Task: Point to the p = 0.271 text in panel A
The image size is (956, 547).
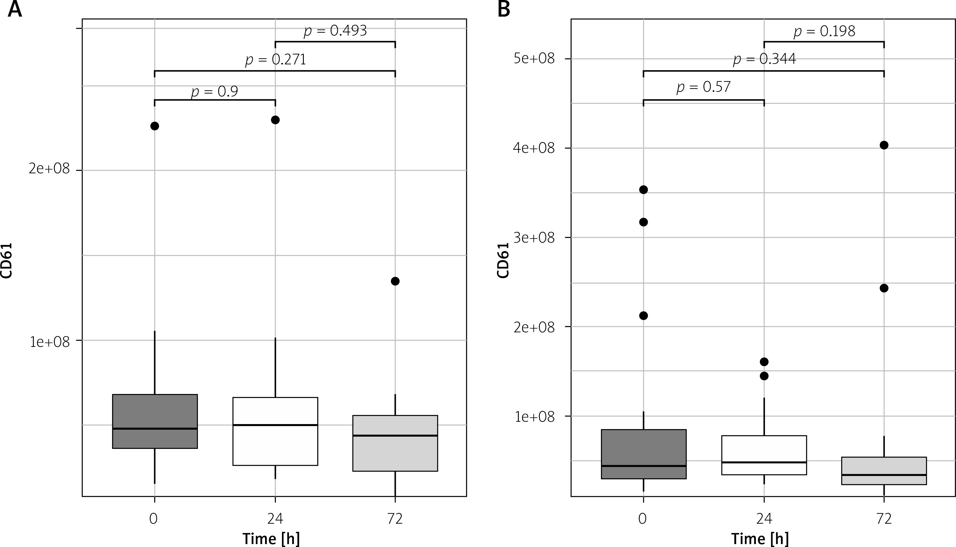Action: (x=276, y=60)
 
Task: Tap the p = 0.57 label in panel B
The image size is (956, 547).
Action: (x=703, y=87)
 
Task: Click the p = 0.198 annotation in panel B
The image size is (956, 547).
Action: (x=825, y=31)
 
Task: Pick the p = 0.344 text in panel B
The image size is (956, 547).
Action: (x=764, y=59)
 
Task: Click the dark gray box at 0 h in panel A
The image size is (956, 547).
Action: (x=155, y=421)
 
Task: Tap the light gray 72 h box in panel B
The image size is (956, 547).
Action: (x=884, y=471)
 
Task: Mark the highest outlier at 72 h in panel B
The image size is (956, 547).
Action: (x=884, y=145)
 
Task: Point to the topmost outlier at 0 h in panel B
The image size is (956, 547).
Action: (x=643, y=190)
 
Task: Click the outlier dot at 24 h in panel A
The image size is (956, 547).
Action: (x=275, y=120)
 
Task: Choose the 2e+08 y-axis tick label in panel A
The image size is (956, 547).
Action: (x=49, y=169)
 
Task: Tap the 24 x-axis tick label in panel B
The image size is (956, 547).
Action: (x=764, y=519)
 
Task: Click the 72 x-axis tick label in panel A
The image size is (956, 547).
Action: (x=395, y=519)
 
